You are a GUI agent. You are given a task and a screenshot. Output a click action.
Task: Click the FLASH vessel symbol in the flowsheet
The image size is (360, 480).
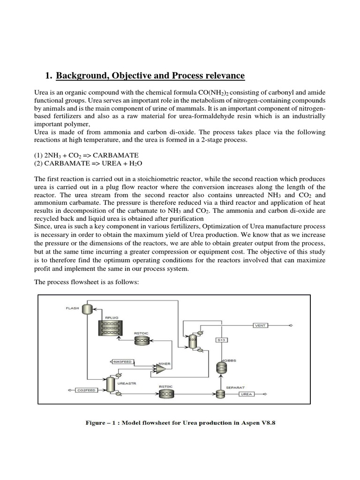click(x=87, y=309)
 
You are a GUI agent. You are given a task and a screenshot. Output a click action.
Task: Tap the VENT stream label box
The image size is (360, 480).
click(x=260, y=325)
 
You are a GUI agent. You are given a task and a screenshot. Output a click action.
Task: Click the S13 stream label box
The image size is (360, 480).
click(x=222, y=340)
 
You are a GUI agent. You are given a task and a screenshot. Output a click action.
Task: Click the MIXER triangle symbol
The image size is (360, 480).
click(x=160, y=369)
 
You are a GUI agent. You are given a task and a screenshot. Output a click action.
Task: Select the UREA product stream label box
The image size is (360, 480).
click(x=247, y=394)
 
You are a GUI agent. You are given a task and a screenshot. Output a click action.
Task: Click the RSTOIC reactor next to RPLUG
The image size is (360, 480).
click(x=142, y=341)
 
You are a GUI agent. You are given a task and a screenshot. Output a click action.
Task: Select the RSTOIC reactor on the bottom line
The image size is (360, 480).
click(x=165, y=395)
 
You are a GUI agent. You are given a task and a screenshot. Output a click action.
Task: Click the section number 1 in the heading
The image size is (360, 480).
click(x=47, y=76)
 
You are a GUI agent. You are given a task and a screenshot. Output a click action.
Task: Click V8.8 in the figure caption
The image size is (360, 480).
click(x=270, y=422)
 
